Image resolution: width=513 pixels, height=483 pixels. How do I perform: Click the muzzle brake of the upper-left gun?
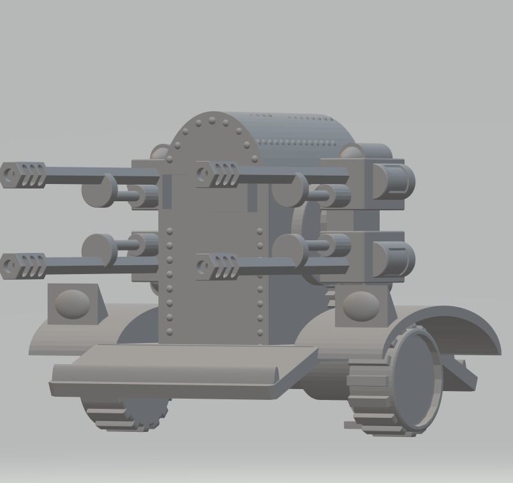point(24,174)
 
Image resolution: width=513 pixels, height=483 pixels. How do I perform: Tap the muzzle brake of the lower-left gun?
point(24,265)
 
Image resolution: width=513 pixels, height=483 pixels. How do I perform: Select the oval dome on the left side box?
point(72,303)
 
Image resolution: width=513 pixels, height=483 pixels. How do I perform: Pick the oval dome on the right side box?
point(360,306)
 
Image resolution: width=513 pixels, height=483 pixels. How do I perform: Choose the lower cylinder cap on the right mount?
point(393,259)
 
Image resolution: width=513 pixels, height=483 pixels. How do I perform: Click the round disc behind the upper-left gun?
point(100,190)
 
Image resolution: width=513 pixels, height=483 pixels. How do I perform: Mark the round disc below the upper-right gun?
point(290,190)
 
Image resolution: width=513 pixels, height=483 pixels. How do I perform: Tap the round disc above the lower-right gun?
point(290,249)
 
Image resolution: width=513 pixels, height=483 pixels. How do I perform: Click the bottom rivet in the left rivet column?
point(170,332)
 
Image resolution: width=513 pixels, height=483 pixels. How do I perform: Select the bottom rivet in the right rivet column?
point(260,330)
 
